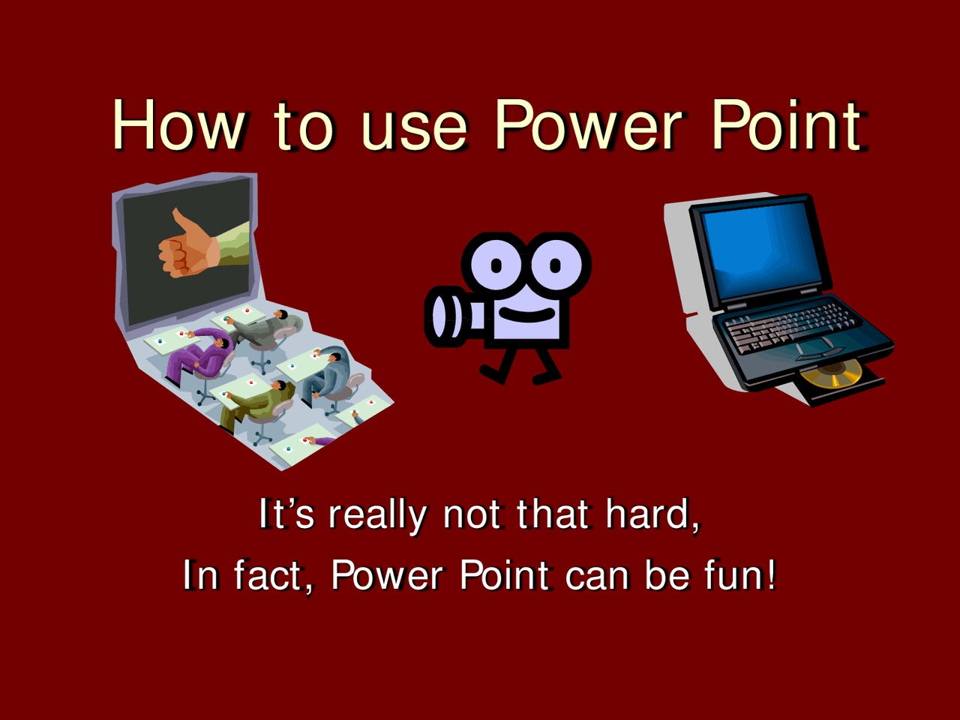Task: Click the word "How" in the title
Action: pyautogui.click(x=178, y=124)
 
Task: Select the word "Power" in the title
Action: pyautogui.click(x=588, y=124)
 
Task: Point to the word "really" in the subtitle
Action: pyautogui.click(x=377, y=516)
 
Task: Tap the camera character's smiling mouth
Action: pyautogui.click(x=527, y=314)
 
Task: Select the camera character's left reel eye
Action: pyautogui.click(x=496, y=265)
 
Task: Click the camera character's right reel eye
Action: pyautogui.click(x=556, y=265)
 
